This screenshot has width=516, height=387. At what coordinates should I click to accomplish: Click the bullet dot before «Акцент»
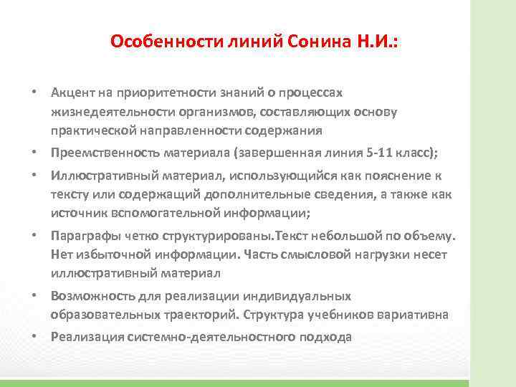click(x=34, y=93)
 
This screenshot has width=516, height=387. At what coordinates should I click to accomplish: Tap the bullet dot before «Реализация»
click(x=34, y=335)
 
